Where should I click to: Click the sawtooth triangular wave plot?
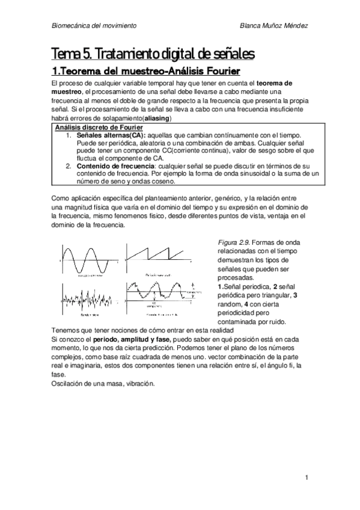pos(154,257)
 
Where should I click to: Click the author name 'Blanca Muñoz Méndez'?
pos(273,26)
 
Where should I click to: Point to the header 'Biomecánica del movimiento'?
pos(94,26)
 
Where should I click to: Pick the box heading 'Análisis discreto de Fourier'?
pos(99,128)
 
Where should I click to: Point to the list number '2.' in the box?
pos(69,165)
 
